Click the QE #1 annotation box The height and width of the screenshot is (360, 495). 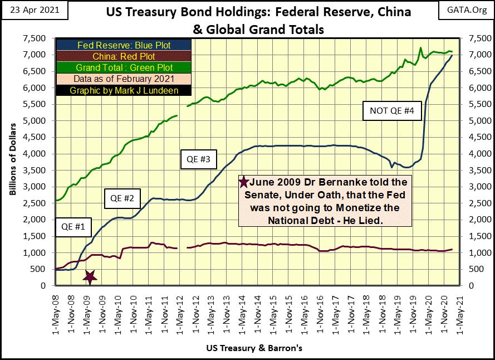[x=73, y=227]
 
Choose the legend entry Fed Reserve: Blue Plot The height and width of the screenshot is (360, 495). [x=123, y=45]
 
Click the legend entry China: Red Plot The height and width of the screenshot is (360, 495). [x=123, y=56]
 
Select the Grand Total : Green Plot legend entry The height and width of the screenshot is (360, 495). [x=123, y=67]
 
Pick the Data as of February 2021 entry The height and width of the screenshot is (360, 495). [x=123, y=79]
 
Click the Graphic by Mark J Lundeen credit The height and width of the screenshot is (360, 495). [x=123, y=90]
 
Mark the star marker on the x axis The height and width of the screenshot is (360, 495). [x=90, y=275]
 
